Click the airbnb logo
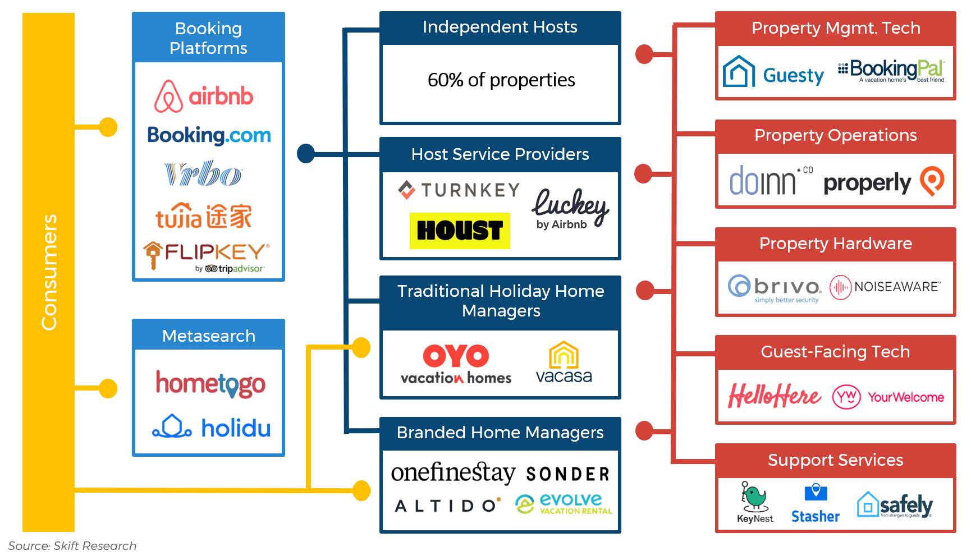[x=204, y=97]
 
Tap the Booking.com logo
[x=209, y=135]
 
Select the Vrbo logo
[x=203, y=174]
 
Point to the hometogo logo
[x=210, y=384]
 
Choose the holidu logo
[x=212, y=428]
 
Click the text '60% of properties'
[x=501, y=80]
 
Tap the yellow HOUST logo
[x=460, y=231]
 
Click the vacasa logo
[x=564, y=363]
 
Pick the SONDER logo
[x=567, y=475]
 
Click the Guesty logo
[x=773, y=72]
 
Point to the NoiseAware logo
[x=885, y=287]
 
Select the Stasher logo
[x=816, y=503]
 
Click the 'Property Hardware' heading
[x=835, y=244]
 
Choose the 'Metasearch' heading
[x=209, y=336]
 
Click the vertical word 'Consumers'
[x=49, y=272]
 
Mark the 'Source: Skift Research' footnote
[x=72, y=546]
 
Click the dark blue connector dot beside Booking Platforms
[x=306, y=153]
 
